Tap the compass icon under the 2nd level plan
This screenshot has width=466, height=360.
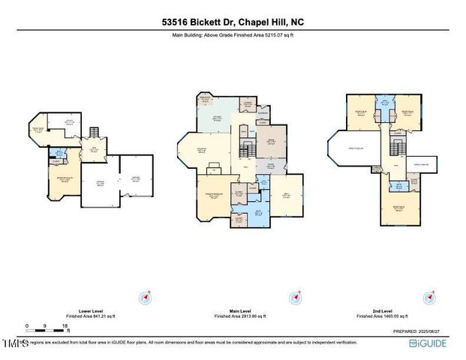point(429,298)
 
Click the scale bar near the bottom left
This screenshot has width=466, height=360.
point(47,327)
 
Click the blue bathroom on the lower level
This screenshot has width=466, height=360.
point(56,157)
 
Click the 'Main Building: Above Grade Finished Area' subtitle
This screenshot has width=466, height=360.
point(233,34)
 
